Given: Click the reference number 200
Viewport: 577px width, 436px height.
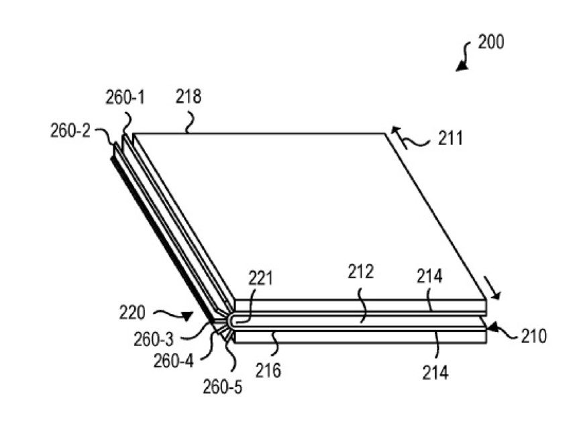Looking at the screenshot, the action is point(491,42).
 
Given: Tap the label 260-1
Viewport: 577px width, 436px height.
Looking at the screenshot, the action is point(125,98).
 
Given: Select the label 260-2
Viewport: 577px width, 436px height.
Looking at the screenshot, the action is point(70,131).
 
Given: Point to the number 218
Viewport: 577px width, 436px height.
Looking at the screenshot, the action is point(189,97).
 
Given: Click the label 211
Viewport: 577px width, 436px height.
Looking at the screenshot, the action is point(450,139).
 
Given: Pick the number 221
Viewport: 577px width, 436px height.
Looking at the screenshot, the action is point(260,278).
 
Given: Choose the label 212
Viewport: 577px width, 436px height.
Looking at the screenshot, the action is point(361,272).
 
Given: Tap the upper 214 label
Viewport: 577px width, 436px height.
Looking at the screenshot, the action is point(429,276).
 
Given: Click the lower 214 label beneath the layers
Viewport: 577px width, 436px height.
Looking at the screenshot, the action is point(435,373).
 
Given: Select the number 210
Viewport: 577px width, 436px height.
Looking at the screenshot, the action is point(534,336).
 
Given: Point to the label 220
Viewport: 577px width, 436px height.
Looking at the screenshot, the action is point(132,313).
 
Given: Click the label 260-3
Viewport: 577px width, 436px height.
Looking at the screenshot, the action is point(154,339).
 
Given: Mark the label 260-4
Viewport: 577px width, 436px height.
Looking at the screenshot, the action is point(173,362).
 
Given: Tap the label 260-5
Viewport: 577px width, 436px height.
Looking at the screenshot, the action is point(223,387).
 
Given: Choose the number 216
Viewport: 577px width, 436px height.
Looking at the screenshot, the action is point(268,370).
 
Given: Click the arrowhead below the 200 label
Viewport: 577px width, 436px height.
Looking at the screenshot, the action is point(462,66).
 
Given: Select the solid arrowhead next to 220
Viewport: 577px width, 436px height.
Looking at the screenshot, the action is point(187,316).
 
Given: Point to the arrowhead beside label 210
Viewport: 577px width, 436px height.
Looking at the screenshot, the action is point(492,327).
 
